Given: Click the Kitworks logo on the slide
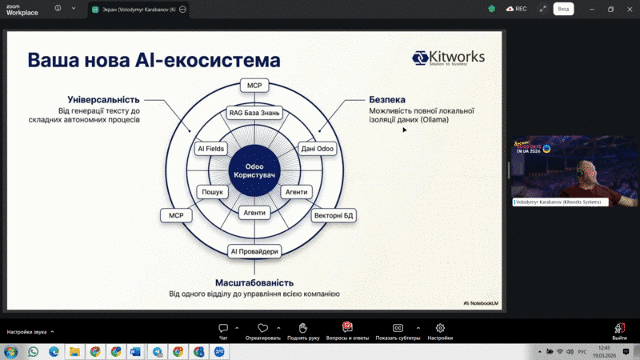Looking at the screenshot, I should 449,58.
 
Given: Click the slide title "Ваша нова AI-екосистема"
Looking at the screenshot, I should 154,60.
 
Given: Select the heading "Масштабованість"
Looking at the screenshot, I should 254,282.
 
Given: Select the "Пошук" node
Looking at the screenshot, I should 212,192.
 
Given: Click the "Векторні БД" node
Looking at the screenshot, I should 332,215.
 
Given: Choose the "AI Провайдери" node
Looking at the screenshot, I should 254,251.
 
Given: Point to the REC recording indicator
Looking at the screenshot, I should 516,9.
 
